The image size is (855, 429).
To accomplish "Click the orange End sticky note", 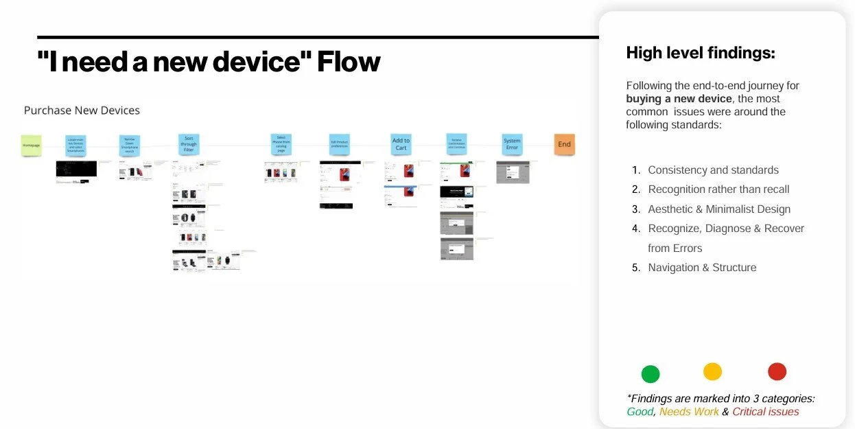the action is tap(564, 144).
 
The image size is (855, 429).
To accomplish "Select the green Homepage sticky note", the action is tap(31, 146).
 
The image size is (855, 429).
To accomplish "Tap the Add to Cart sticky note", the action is tap(401, 144).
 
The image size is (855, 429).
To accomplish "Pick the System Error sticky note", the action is tap(512, 144).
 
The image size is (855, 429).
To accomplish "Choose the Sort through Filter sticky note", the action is tap(189, 144).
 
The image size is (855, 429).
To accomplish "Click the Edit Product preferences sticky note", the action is tap(339, 144).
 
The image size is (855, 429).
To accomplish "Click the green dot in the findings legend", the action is tap(650, 374).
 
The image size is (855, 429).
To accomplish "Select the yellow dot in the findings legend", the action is tap(713, 371).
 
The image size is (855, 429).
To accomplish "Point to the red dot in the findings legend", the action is tap(777, 371).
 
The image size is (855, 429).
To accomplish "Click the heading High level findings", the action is tap(701, 53).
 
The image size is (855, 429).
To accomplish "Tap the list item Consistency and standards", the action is tap(713, 170).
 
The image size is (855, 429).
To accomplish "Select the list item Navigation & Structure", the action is tap(702, 268).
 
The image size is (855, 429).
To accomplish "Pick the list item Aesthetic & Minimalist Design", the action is tap(719, 209).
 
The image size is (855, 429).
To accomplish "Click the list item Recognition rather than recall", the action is tap(718, 189).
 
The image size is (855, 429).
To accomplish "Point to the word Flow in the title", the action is tap(349, 62).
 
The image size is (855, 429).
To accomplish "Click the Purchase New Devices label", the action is tap(82, 111).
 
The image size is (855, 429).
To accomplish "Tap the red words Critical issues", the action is tap(765, 412).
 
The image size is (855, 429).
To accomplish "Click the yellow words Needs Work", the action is tap(689, 412).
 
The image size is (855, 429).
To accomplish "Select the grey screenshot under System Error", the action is tap(513, 172).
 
